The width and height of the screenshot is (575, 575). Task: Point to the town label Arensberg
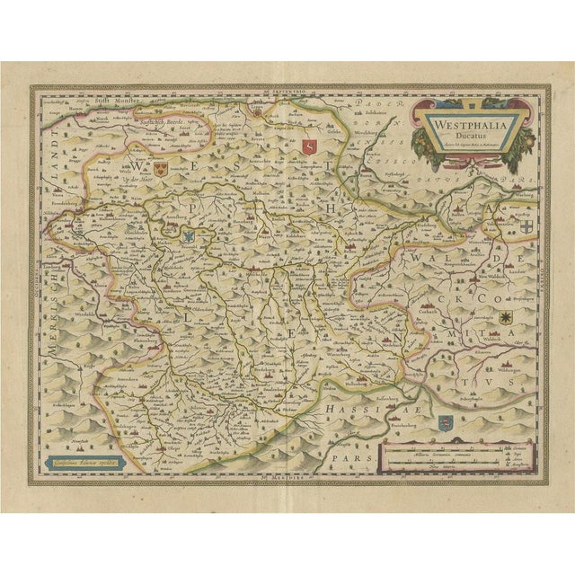click(174, 219)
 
